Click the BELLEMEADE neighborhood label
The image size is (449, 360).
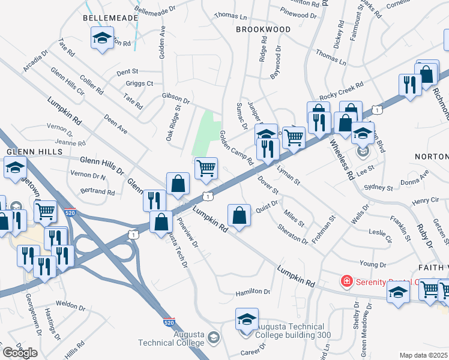tap(110, 19)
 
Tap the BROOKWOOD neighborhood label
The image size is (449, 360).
tap(263, 29)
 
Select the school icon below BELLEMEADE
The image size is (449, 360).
tap(103, 39)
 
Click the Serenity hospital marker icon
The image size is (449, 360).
tap(346, 281)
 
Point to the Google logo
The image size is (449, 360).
tap(20, 352)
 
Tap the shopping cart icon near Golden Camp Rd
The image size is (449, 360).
tap(206, 167)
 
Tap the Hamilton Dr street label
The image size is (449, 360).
tap(253, 292)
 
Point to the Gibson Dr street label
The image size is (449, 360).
tap(175, 97)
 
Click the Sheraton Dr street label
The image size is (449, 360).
tap(292, 235)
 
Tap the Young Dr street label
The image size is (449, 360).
tap(372, 265)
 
